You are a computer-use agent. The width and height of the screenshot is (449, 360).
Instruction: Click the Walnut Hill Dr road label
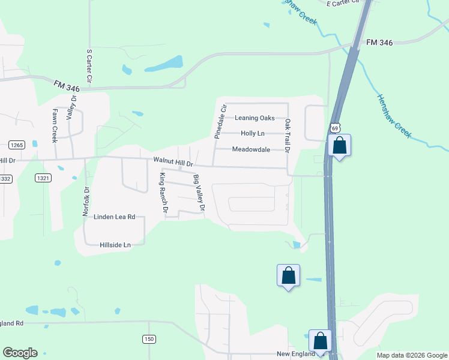click(x=173, y=162)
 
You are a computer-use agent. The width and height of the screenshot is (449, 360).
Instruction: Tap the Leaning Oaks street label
click(x=255, y=118)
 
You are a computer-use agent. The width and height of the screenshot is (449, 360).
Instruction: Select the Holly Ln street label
click(x=252, y=133)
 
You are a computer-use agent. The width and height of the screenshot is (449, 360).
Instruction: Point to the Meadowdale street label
click(x=251, y=149)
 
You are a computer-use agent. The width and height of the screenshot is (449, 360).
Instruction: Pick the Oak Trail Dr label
click(x=288, y=136)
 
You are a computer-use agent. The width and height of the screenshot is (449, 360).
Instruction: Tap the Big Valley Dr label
click(x=199, y=193)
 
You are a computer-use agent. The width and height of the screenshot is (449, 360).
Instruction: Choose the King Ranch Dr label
click(x=162, y=192)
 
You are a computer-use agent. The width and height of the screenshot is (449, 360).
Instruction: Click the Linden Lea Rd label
click(x=115, y=217)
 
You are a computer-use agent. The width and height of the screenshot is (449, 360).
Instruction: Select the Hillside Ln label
click(x=115, y=245)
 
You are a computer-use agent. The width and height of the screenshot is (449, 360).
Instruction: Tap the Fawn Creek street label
click(x=55, y=125)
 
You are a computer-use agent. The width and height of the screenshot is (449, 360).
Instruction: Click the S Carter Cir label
click(x=89, y=66)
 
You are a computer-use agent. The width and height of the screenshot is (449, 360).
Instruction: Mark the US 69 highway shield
click(x=335, y=128)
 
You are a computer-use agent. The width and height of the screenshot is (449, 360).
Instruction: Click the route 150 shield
click(x=149, y=340)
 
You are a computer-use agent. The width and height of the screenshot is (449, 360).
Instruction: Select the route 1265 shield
click(x=16, y=145)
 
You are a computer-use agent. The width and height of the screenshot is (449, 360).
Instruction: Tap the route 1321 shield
click(x=43, y=178)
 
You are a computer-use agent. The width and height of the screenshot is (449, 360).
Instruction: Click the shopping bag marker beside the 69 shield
click(x=340, y=146)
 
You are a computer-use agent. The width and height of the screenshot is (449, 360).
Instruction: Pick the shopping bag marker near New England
click(x=321, y=341)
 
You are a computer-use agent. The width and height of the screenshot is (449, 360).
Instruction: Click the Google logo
click(x=20, y=353)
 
